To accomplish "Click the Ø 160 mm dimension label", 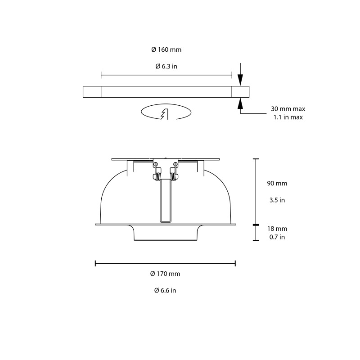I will (x=166, y=49).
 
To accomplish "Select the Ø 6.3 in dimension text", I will (x=166, y=66).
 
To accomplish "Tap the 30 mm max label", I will (x=288, y=109).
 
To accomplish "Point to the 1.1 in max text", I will (x=288, y=117).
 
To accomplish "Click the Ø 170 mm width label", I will (x=165, y=274).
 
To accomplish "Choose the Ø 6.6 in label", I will (x=165, y=291).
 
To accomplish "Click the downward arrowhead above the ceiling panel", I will (x=240, y=81).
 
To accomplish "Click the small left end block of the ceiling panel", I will (x=92, y=92).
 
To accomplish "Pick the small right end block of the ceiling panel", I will (x=240, y=92).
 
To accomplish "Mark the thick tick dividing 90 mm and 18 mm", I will (x=256, y=224).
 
